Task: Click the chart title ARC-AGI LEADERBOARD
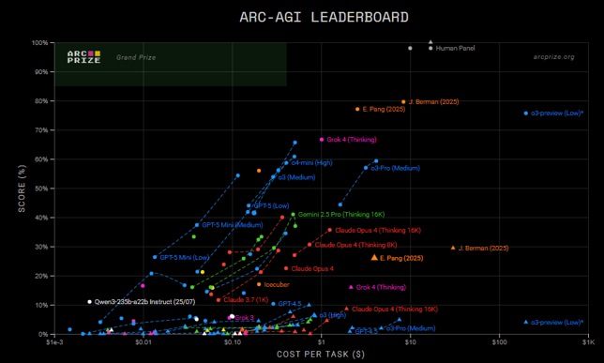tap(302, 17)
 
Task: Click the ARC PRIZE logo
tap(83, 56)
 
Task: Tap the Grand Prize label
tap(135, 57)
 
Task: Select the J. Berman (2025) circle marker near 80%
tap(403, 101)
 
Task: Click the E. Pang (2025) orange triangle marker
tap(375, 257)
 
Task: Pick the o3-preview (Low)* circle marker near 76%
tap(526, 113)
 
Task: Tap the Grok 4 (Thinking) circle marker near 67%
tap(322, 139)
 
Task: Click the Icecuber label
tap(276, 284)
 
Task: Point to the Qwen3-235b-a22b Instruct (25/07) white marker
tap(90, 302)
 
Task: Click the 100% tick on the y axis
tap(40, 43)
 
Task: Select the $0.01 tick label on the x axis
tap(143, 344)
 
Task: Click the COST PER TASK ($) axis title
tap(321, 355)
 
